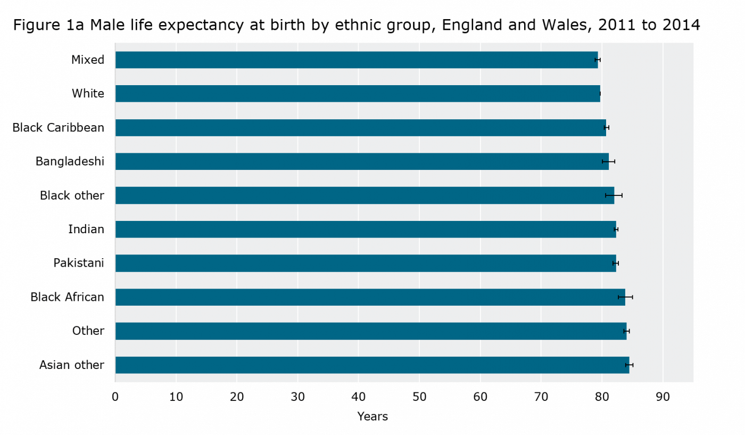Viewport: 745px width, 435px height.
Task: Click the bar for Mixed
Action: [357, 60]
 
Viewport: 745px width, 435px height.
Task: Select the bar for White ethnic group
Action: [358, 94]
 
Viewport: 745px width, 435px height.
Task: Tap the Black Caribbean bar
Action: [360, 128]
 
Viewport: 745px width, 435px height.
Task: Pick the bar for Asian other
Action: [372, 365]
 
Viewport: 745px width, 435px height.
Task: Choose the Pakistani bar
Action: [366, 263]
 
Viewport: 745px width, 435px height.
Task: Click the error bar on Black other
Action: [614, 195]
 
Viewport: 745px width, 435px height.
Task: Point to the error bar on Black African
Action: [625, 297]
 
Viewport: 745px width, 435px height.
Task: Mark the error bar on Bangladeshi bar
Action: [608, 161]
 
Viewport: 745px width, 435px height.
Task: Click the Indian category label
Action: [86, 229]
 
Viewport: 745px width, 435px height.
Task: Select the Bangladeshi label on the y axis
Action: [70, 161]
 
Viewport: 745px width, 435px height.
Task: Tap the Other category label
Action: [88, 331]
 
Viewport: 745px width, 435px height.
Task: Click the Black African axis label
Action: [67, 297]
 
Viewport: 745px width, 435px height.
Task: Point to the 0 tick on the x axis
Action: [115, 397]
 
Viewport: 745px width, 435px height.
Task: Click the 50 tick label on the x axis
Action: [419, 397]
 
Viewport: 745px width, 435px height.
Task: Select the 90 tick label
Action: [663, 397]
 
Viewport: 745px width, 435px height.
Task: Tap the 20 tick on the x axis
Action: [237, 397]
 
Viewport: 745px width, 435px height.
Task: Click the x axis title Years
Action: [372, 416]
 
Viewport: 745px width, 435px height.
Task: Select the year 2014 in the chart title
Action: [681, 25]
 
